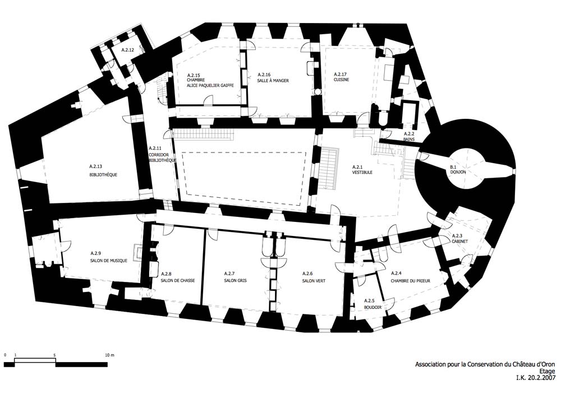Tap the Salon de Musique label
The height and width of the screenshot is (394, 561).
108,257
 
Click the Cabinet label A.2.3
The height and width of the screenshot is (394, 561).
461,238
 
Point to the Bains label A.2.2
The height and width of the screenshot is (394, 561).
409,136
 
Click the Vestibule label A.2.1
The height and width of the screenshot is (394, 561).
362,170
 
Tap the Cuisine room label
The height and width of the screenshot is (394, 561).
341,77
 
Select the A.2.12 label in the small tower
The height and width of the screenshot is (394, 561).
128,50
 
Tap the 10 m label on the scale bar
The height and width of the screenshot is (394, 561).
109,355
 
